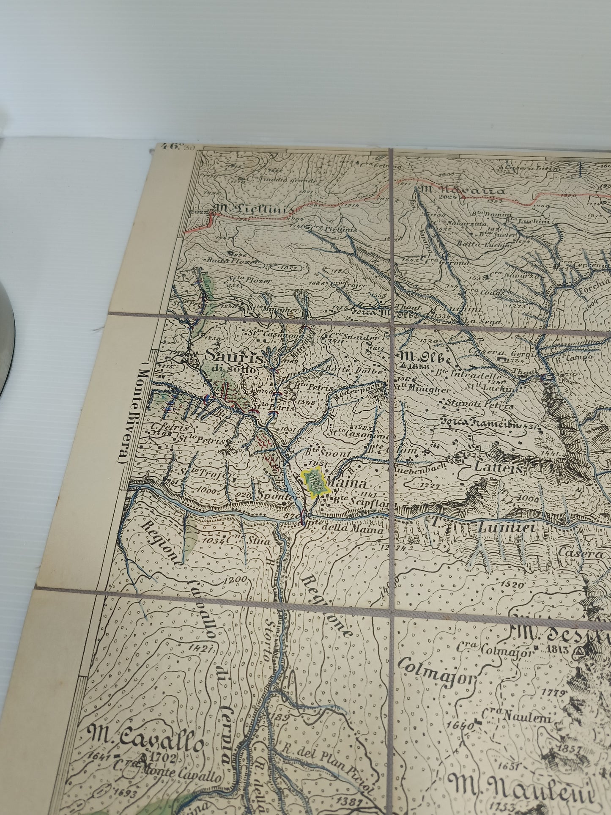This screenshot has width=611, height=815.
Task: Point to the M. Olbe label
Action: pyautogui.click(x=423, y=356)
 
